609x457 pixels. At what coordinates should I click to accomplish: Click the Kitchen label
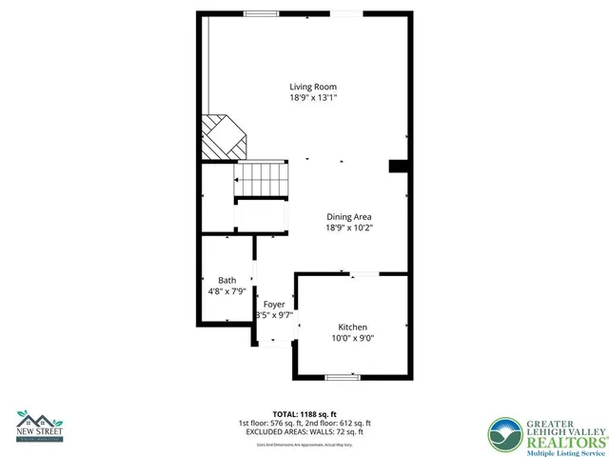352,327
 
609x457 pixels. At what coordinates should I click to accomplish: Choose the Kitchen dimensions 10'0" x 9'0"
352,338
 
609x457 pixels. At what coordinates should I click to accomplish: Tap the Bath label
227,280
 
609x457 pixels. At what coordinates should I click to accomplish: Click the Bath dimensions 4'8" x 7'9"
227,291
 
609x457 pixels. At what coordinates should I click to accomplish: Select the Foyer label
274,304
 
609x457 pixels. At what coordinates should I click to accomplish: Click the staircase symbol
261,178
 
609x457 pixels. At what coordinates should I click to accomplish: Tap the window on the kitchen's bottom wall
343,378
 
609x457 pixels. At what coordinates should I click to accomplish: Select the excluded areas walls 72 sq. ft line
304,432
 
